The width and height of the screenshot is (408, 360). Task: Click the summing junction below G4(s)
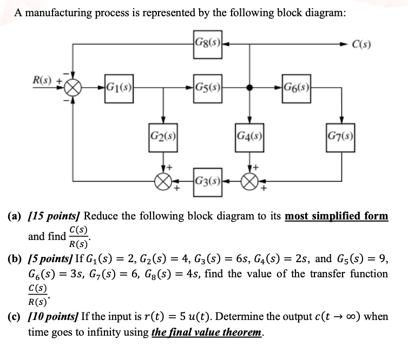[249, 179]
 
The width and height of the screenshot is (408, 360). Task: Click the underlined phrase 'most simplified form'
[336, 216]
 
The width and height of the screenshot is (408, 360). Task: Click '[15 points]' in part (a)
[54, 216]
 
